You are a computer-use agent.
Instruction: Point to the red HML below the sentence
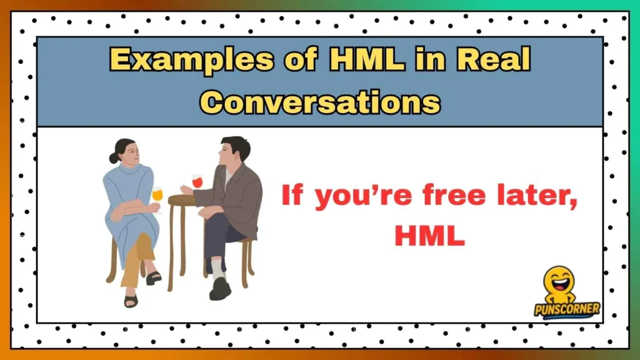(429, 236)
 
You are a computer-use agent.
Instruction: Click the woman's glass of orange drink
(157, 195)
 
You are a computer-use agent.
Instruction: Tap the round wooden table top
(182, 200)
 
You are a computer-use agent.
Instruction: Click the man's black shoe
(220, 289)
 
